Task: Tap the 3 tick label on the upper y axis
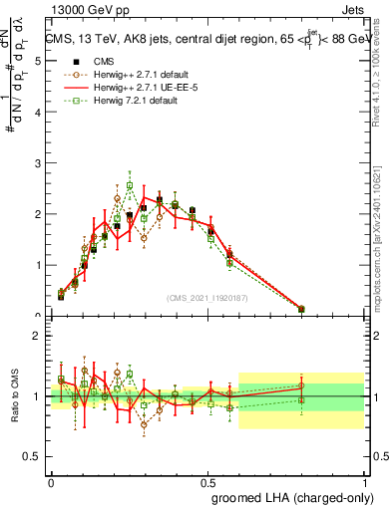(x=39, y=163)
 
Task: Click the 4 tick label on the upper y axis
(x=39, y=113)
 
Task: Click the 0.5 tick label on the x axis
(x=207, y=482)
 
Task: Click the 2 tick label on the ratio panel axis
(x=39, y=336)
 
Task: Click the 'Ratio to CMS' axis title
(x=14, y=396)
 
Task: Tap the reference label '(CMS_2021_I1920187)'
(x=207, y=297)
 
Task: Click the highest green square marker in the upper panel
(x=130, y=185)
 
